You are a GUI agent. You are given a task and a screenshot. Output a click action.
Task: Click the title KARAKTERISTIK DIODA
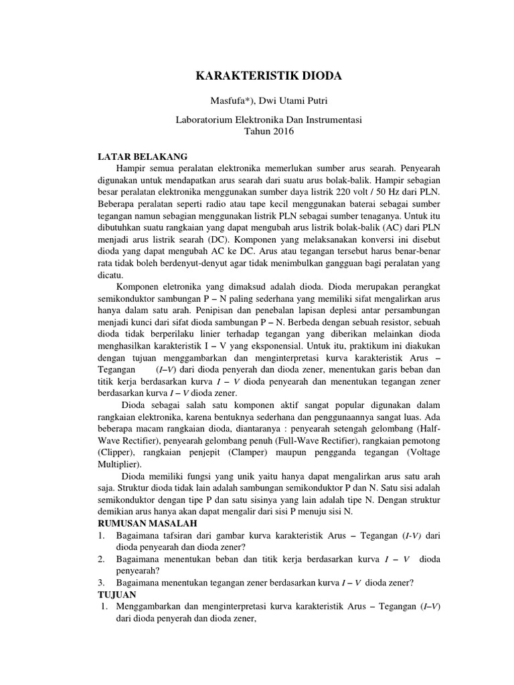pos(268,76)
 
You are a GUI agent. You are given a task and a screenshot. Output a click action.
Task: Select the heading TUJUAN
pos(117,594)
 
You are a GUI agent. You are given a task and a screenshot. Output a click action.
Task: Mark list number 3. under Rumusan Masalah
pos(101,582)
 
